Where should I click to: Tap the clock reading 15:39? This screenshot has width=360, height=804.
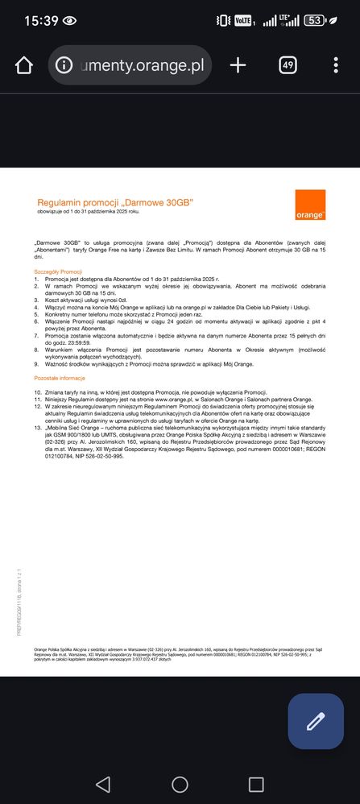coord(41,21)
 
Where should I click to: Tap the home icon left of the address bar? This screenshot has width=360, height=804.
coord(24,65)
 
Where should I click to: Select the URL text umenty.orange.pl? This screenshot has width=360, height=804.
coord(142,65)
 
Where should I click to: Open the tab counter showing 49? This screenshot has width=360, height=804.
coord(288,65)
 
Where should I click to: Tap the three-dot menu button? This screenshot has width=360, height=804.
coord(336,65)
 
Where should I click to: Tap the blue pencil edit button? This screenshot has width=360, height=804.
coord(315,721)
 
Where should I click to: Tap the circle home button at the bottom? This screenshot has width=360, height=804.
coord(180,784)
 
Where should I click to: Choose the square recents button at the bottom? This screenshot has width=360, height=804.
coord(256,784)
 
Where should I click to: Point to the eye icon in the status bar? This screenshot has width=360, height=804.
coord(70,21)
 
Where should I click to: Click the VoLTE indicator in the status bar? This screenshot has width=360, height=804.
coord(245,21)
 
